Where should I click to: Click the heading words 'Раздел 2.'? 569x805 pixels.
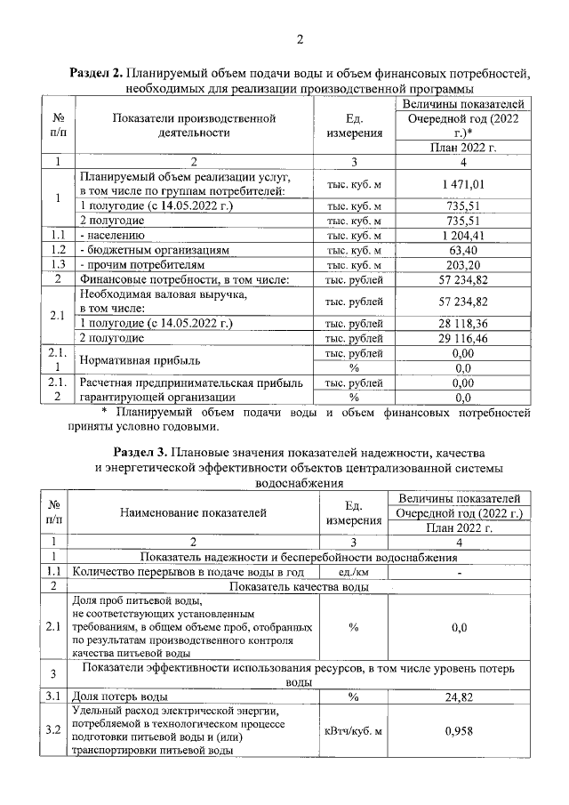click(x=98, y=74)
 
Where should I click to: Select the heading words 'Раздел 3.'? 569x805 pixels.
click(x=144, y=451)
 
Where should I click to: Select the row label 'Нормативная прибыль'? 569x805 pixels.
click(x=140, y=361)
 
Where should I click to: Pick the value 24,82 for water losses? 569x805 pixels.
click(x=461, y=697)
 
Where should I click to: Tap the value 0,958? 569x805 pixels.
click(x=461, y=731)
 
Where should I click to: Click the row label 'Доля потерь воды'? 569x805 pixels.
click(x=120, y=697)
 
